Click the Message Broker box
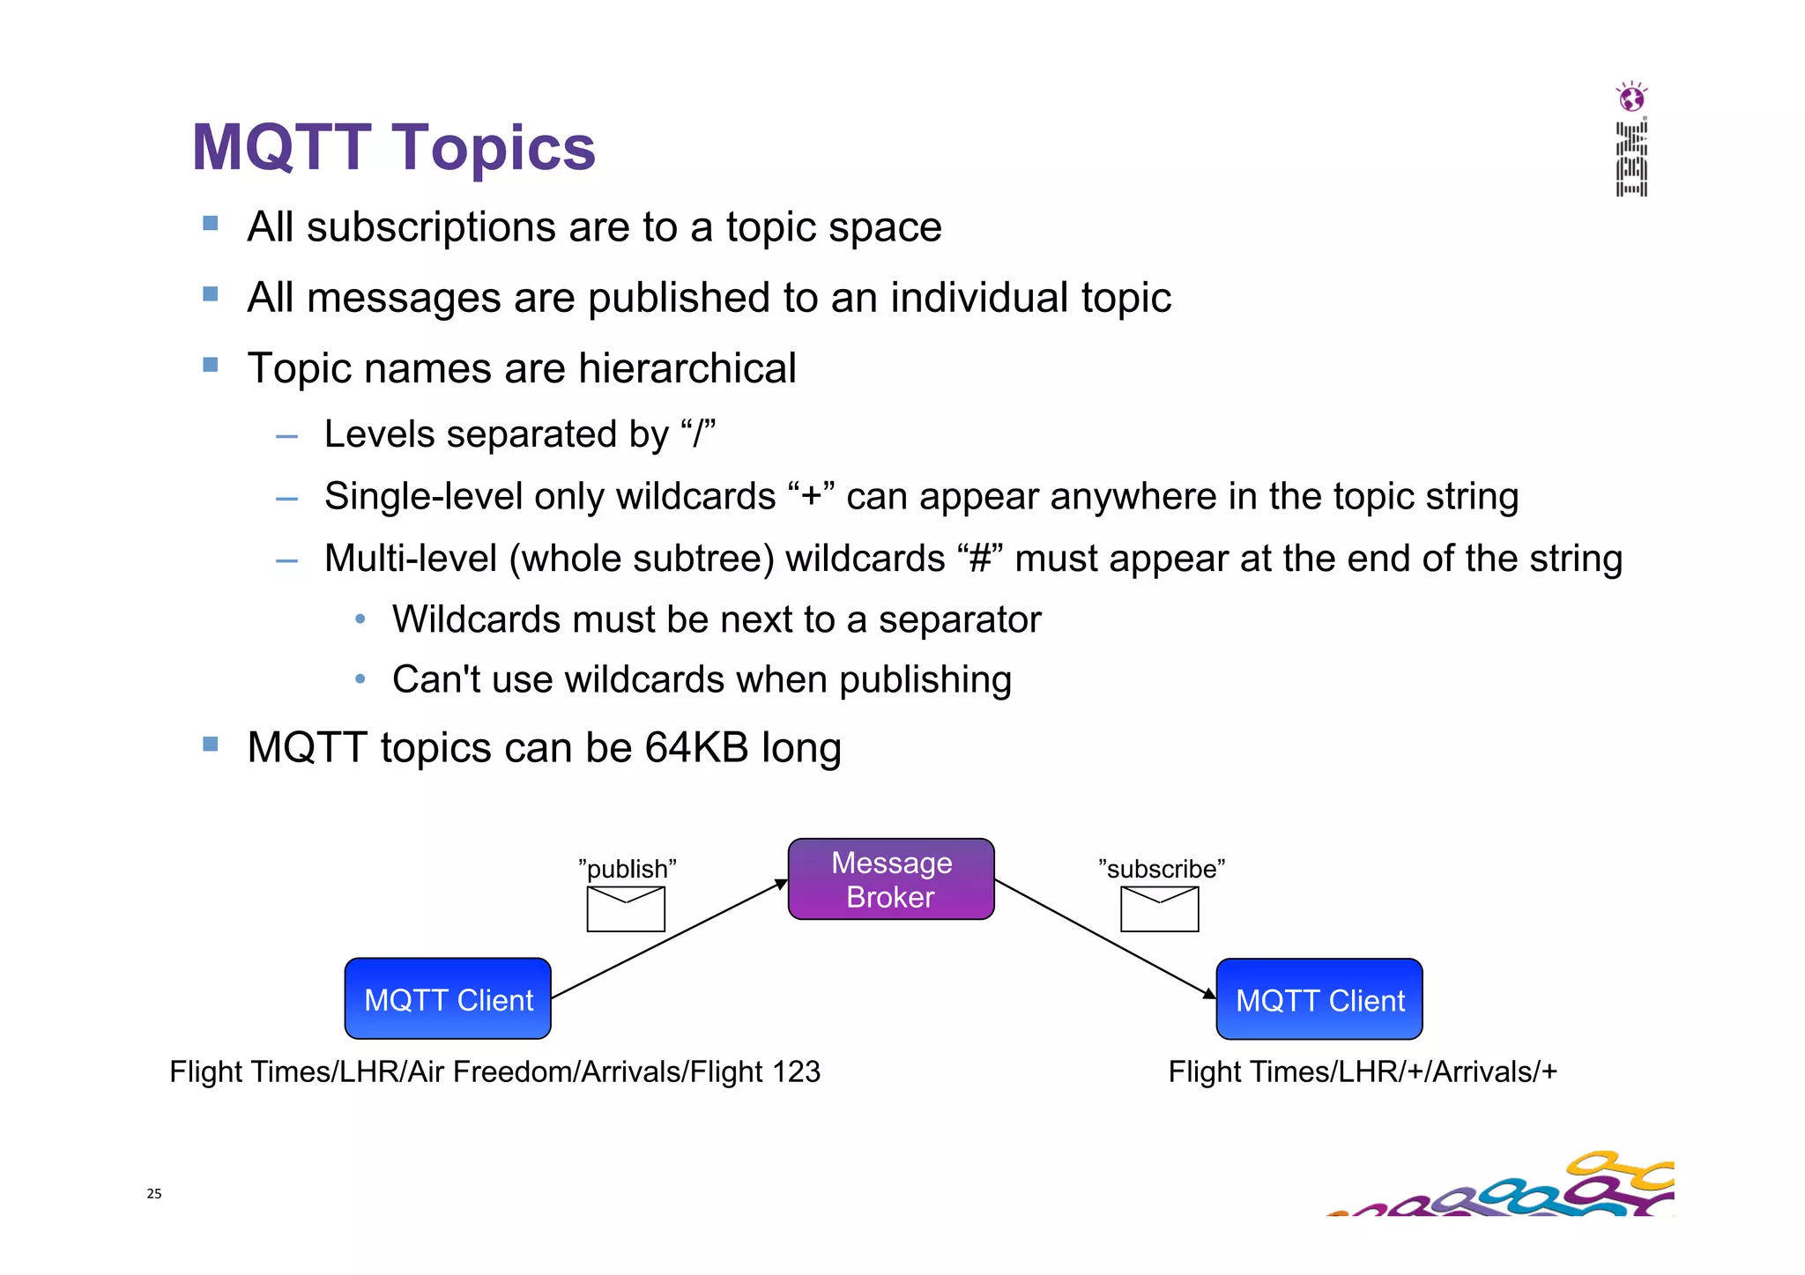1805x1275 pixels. click(x=891, y=878)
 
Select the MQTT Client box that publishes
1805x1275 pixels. click(x=448, y=999)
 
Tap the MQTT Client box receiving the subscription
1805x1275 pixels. click(x=1318, y=999)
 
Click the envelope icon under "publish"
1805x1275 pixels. click(x=626, y=908)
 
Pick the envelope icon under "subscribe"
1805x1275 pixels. click(x=1159, y=908)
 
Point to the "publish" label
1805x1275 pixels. click(x=627, y=869)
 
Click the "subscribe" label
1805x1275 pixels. click(x=1161, y=869)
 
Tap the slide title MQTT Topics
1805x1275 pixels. click(x=393, y=147)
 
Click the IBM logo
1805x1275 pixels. click(x=1631, y=159)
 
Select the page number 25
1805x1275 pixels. click(x=154, y=1194)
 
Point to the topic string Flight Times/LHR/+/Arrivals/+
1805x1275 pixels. click(x=1363, y=1071)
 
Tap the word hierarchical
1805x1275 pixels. click(x=687, y=368)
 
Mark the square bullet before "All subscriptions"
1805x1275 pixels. click(x=210, y=224)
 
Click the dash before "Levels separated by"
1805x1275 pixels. click(x=286, y=436)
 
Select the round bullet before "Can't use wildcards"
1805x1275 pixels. click(x=360, y=679)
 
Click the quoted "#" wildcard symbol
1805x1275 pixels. click(x=980, y=559)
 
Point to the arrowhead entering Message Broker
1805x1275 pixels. click(x=782, y=884)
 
